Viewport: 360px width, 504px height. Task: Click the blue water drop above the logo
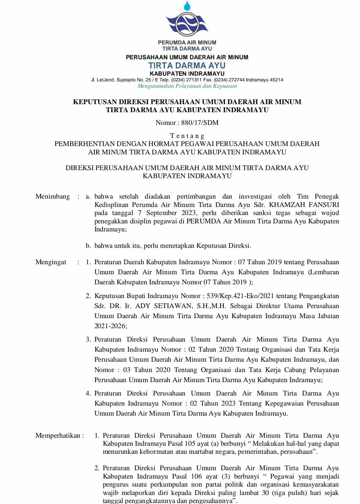click(x=187, y=5)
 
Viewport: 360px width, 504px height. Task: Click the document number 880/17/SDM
click(x=200, y=123)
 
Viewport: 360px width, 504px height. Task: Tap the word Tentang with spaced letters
click(x=187, y=136)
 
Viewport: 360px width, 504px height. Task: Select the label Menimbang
click(x=53, y=196)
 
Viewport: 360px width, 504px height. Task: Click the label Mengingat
click(x=51, y=262)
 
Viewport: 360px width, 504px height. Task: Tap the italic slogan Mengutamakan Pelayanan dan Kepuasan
click(x=187, y=86)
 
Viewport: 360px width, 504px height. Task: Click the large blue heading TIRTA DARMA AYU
click(x=187, y=65)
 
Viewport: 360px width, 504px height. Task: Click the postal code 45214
click(x=276, y=80)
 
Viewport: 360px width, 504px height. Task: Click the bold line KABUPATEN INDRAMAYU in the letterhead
click(x=187, y=73)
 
